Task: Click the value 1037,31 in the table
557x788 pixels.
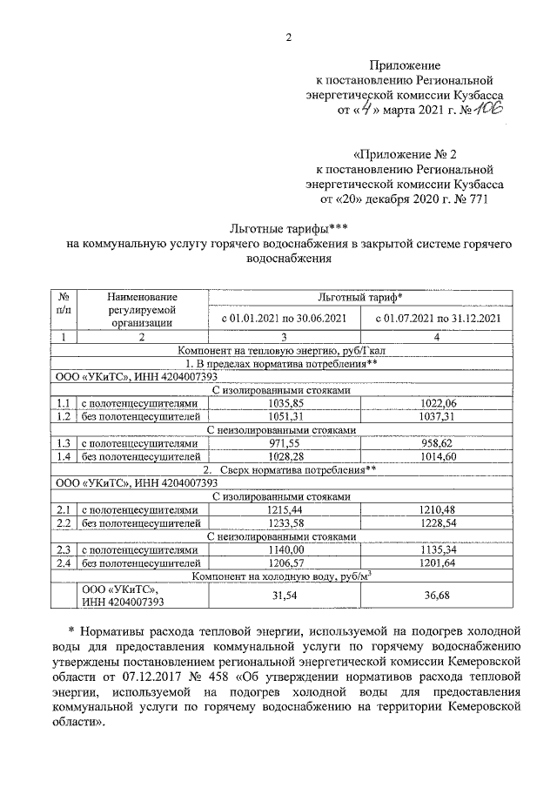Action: click(437, 417)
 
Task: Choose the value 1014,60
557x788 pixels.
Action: click(437, 457)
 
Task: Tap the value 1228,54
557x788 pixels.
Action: click(437, 522)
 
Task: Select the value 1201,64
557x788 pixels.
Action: click(437, 562)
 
